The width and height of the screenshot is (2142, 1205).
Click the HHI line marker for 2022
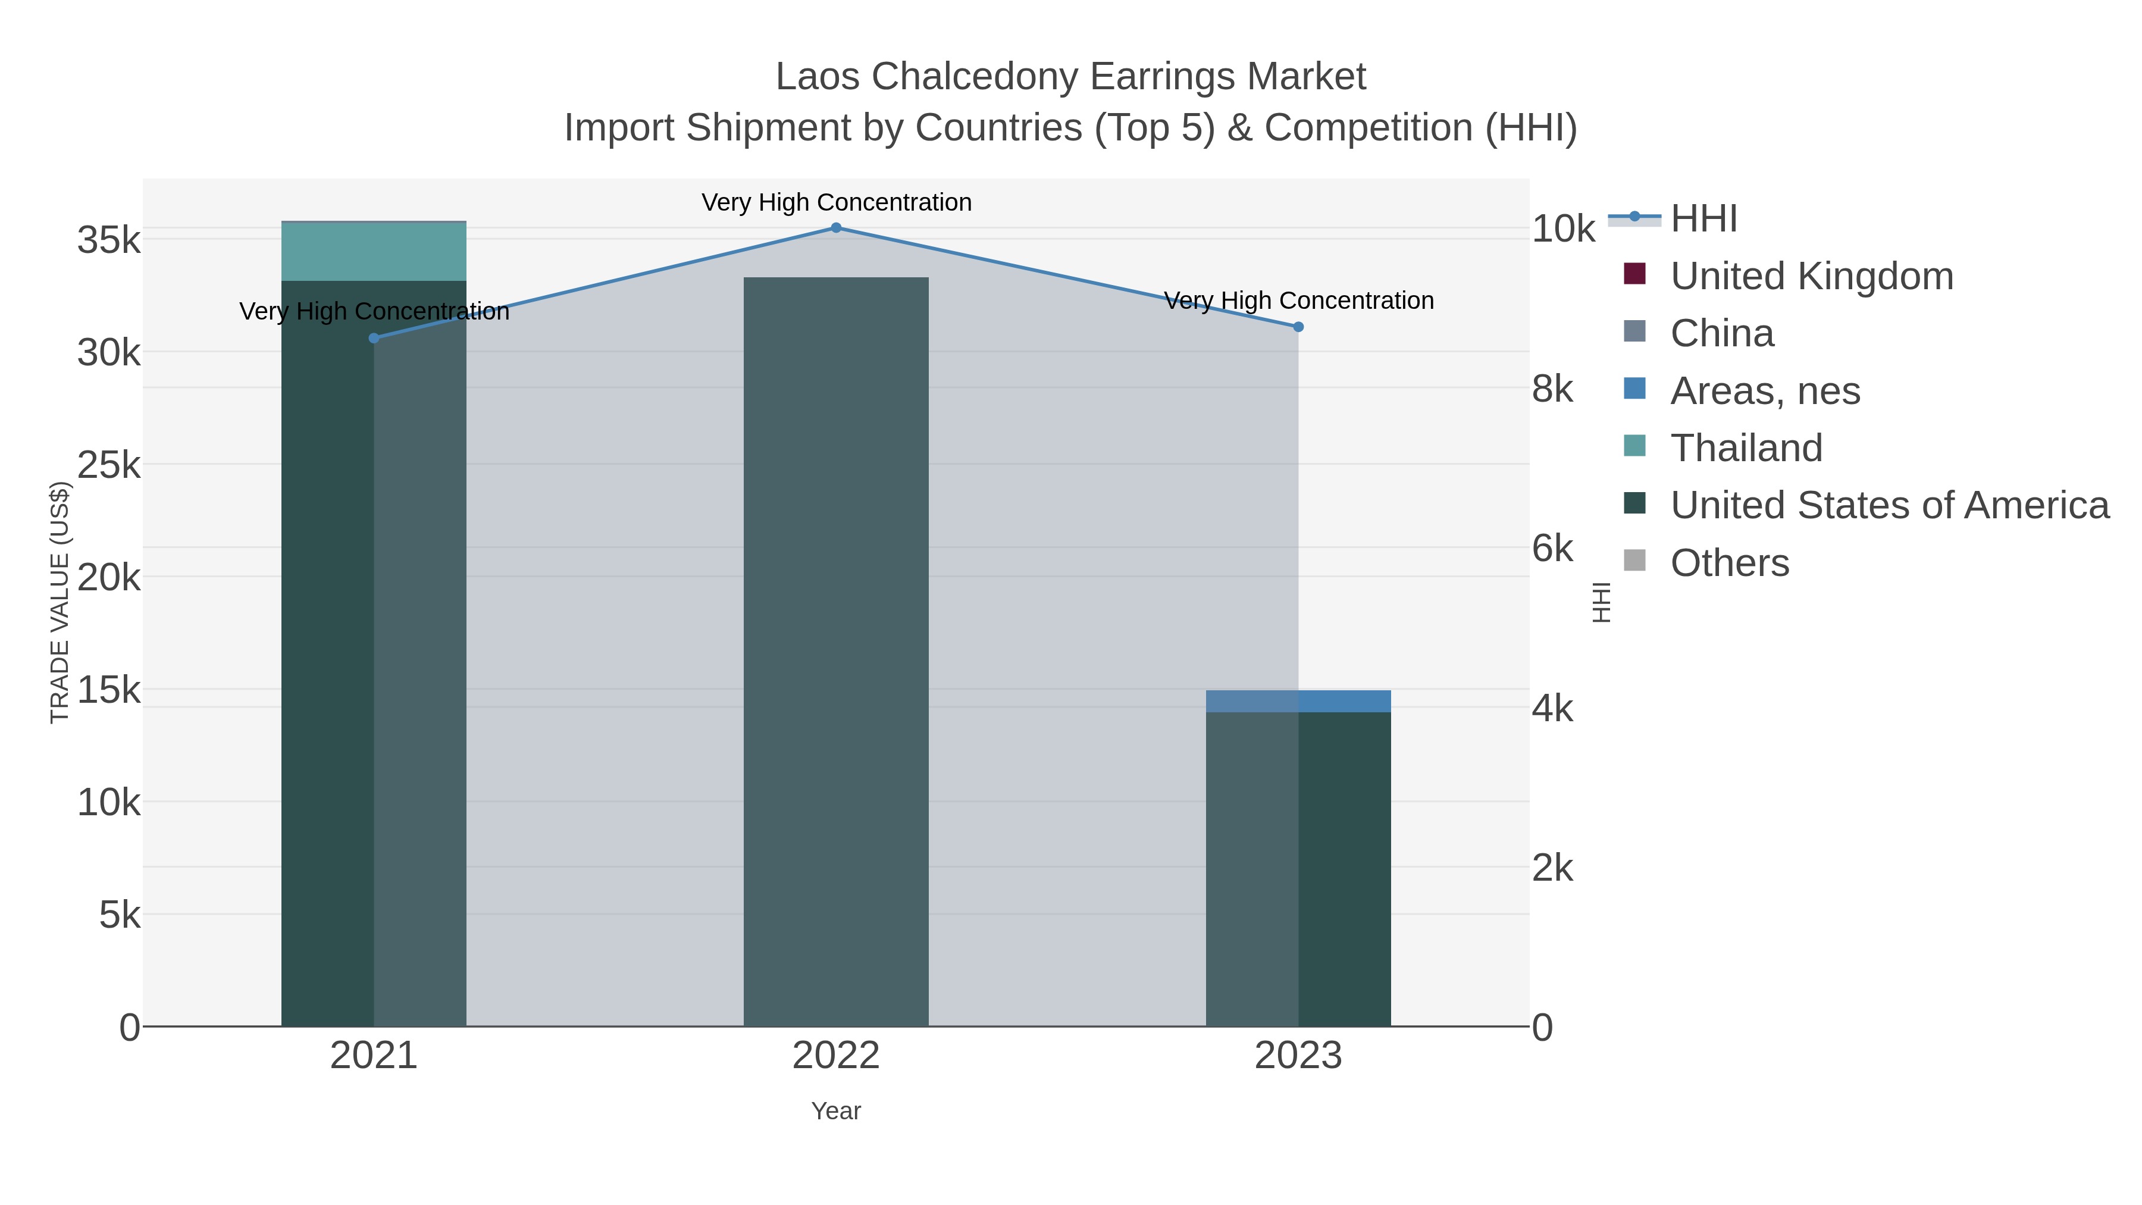click(x=836, y=228)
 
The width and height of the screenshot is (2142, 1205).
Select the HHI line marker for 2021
click(x=374, y=337)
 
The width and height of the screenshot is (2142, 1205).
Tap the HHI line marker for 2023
click(x=1298, y=327)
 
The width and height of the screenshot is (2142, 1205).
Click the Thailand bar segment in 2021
click(x=374, y=251)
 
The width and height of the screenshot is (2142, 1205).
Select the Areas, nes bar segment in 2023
click(x=1298, y=701)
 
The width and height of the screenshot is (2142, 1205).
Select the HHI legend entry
click(x=1703, y=219)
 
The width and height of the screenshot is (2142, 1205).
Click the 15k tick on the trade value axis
click(x=109, y=690)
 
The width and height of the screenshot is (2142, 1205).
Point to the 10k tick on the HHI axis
click(x=1563, y=229)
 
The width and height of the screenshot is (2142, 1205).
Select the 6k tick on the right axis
click(x=1552, y=549)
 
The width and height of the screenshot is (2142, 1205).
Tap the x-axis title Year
click(x=836, y=1111)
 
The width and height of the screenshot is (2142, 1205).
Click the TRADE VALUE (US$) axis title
click(x=60, y=602)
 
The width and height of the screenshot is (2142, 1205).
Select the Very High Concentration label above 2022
click(x=836, y=202)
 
